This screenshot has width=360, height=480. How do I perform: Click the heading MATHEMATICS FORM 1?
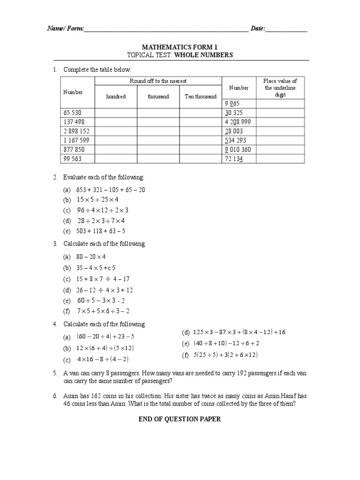180,47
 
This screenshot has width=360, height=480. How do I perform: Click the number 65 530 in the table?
74,113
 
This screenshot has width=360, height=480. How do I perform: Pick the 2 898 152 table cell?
77,131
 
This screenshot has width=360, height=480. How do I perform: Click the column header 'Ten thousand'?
201,97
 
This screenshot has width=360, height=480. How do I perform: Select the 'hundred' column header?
116,97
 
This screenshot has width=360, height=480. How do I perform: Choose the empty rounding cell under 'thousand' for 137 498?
158,122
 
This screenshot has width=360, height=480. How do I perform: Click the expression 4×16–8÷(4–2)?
103,360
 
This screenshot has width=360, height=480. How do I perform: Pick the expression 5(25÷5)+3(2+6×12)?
226,355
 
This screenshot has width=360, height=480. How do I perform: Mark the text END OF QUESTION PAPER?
180,419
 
